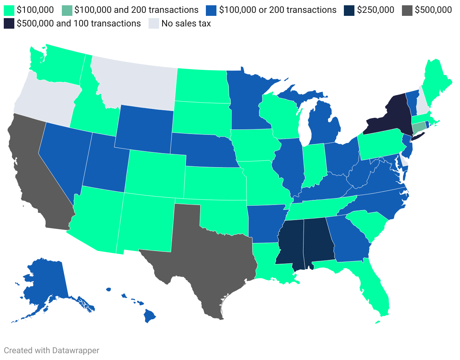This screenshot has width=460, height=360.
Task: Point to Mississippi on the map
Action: click(288, 242)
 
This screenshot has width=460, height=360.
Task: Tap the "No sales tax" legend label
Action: click(186, 23)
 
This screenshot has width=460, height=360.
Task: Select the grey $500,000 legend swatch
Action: click(408, 10)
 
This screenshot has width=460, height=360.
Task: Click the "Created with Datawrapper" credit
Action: click(52, 350)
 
